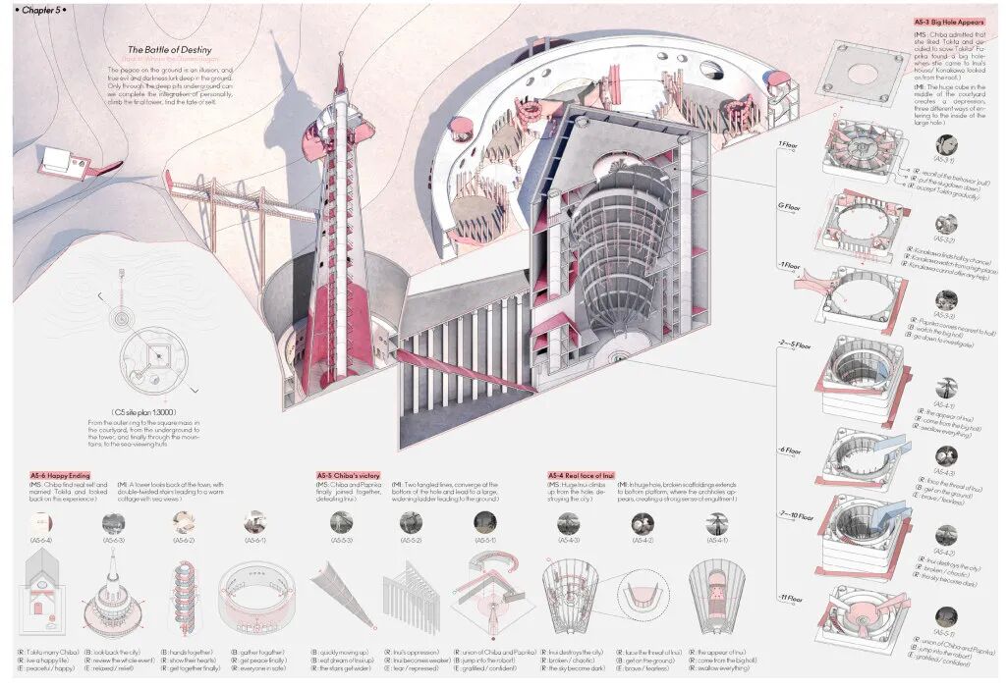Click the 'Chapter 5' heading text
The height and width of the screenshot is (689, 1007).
click(38, 9)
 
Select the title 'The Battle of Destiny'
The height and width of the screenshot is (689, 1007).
click(169, 49)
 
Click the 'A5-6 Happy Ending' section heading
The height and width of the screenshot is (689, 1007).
click(60, 475)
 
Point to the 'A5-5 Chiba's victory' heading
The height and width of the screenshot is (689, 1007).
click(350, 475)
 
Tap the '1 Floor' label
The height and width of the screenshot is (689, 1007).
click(788, 144)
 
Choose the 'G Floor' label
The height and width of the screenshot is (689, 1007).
click(788, 207)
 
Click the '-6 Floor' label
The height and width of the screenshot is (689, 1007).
click(789, 451)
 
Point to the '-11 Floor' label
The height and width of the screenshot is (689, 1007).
click(790, 598)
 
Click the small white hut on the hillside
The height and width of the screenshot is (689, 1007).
click(62, 162)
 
